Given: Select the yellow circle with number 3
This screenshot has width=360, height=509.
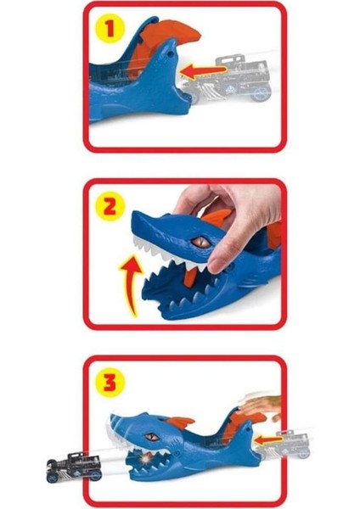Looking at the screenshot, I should [108, 382].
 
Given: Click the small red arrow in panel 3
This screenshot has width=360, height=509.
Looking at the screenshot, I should [268, 439].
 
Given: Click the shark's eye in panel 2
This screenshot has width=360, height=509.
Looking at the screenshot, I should [200, 243].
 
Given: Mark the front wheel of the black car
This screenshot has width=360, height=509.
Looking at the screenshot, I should [55, 472].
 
